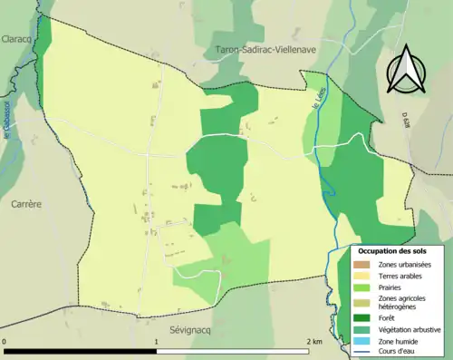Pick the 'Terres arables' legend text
coord(401,275)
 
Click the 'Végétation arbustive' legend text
coord(410,330)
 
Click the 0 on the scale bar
coord(5,341)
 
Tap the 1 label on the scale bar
coord(157,341)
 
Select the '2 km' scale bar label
coord(314,341)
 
